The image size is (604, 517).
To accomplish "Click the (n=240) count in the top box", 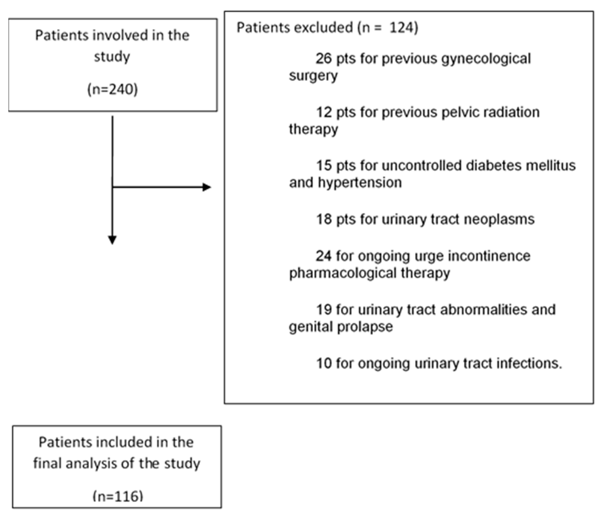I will (x=113, y=89).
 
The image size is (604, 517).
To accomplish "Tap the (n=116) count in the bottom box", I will (x=118, y=496).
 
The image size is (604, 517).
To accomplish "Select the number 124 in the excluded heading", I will (x=402, y=28).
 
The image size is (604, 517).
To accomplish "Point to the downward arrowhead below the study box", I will (x=112, y=240).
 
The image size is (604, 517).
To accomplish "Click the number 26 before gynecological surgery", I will (x=324, y=59).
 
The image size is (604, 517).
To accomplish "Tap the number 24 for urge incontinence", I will (x=324, y=256).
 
